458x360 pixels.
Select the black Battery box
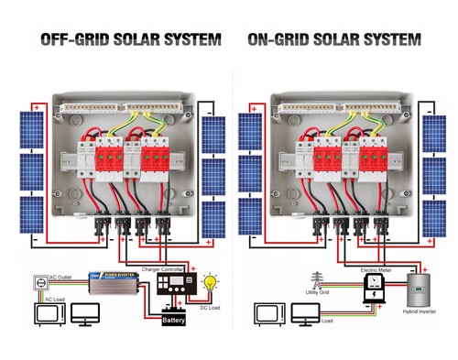[174, 319]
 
